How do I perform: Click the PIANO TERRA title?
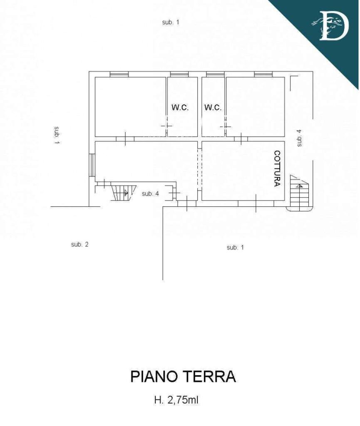(183, 376)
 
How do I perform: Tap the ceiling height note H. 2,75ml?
(176, 400)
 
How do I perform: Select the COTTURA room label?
(277, 169)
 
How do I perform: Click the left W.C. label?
(180, 107)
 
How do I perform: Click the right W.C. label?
(213, 107)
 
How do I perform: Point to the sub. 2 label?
(79, 245)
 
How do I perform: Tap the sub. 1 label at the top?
(171, 22)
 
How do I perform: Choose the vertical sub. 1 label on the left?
(57, 135)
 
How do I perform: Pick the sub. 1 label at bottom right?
(235, 248)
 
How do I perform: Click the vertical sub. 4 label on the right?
(299, 138)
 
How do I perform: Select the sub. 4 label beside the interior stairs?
(150, 194)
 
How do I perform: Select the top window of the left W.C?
(179, 74)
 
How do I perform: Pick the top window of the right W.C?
(215, 74)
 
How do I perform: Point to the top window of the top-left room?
(119, 74)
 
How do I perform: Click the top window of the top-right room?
(263, 74)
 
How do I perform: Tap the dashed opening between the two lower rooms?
(200, 170)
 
